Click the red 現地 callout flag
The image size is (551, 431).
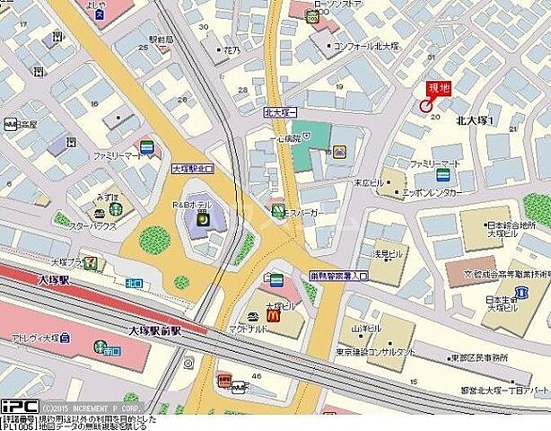pos(439,88)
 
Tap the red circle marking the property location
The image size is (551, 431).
pos(425,106)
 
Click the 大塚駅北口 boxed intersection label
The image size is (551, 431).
pos(193,168)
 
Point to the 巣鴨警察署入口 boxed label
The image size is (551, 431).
pos(338,276)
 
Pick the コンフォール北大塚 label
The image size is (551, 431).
pos(370,46)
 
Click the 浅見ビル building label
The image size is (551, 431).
pos(388,254)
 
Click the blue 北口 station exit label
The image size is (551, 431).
pos(135,283)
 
